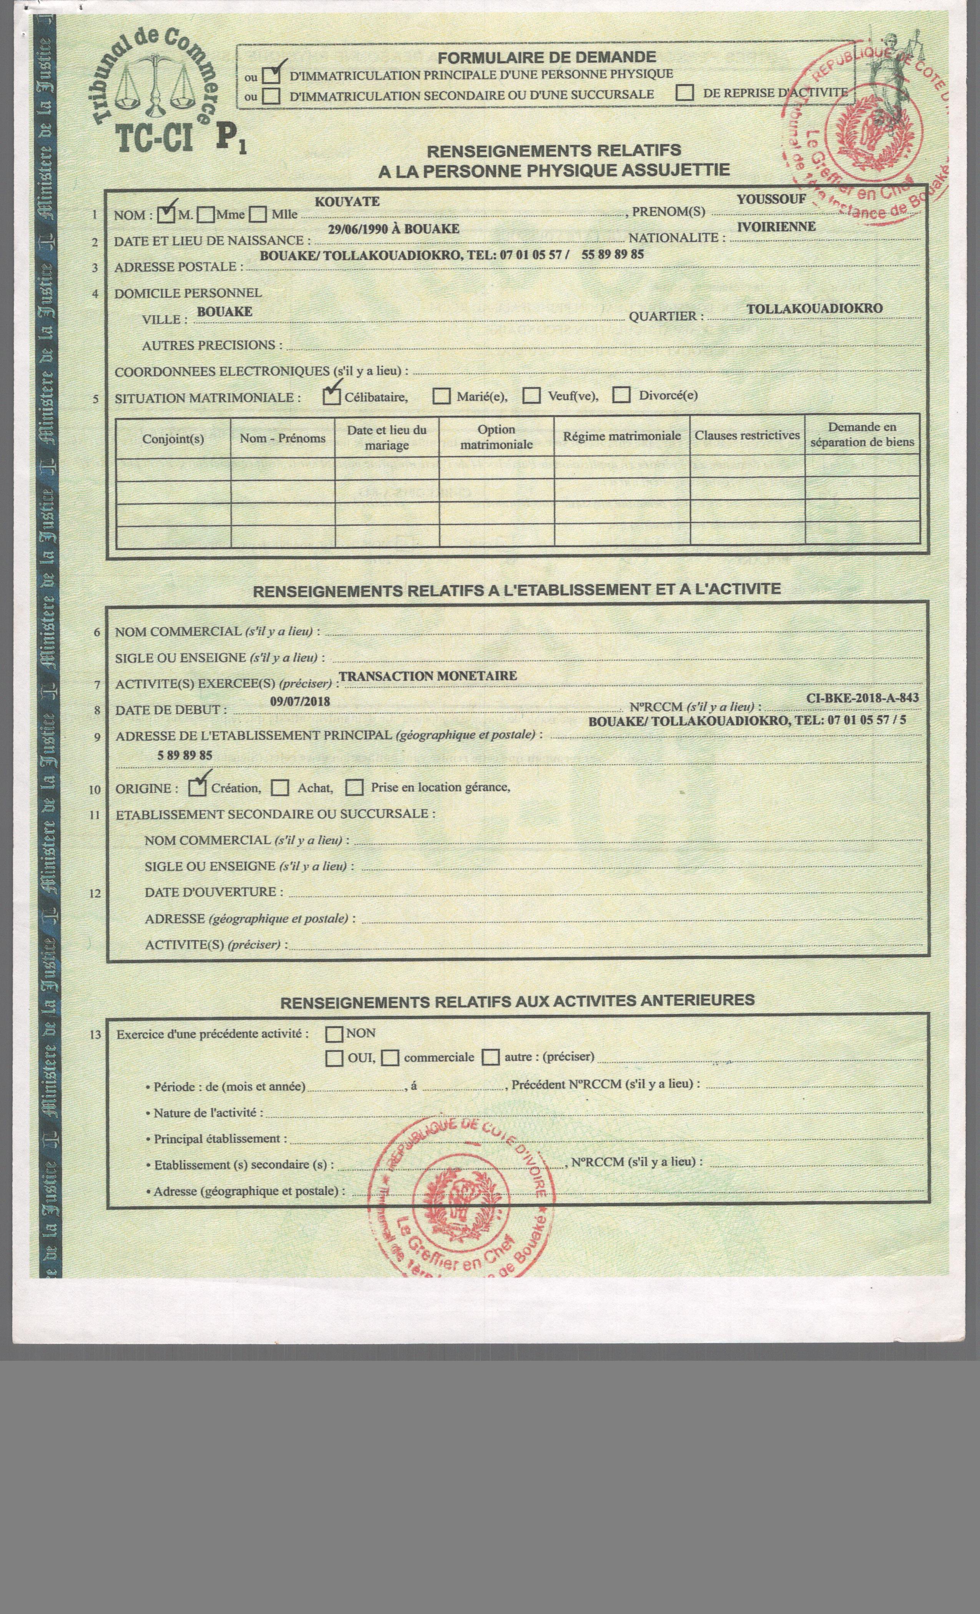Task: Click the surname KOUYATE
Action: click(x=347, y=202)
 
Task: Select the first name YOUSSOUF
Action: click(x=771, y=199)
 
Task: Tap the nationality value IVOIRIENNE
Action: click(x=776, y=227)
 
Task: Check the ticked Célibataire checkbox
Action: click(x=332, y=396)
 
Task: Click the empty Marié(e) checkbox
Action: click(x=442, y=396)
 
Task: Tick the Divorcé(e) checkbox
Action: click(x=622, y=395)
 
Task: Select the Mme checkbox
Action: click(x=206, y=214)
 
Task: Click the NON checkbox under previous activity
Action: click(x=334, y=1034)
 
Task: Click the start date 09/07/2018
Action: click(x=300, y=702)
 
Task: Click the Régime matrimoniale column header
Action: click(x=622, y=436)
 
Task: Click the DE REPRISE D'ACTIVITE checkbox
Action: click(x=685, y=92)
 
